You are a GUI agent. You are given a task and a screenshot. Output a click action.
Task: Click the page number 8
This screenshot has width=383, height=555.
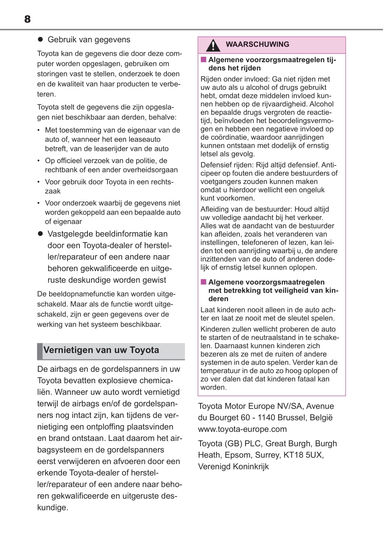click(28, 19)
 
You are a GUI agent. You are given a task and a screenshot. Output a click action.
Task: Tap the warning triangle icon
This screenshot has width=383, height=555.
click(213, 45)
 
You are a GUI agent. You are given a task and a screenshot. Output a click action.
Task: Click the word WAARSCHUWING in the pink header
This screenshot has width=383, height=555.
click(257, 44)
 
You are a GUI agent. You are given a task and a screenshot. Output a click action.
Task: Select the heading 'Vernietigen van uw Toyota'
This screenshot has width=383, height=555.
click(101, 350)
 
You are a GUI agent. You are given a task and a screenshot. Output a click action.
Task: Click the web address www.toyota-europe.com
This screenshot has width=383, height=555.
click(242, 429)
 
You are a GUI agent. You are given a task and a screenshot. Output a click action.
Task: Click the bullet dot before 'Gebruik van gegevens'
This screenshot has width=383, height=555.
click(41, 39)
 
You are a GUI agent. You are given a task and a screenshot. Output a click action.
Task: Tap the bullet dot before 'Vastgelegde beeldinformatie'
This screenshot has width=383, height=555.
click(41, 234)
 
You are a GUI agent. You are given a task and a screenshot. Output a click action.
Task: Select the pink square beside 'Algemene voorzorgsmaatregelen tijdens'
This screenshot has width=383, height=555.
click(204, 60)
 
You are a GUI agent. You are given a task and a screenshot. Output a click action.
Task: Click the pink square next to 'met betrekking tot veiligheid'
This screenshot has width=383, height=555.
click(204, 282)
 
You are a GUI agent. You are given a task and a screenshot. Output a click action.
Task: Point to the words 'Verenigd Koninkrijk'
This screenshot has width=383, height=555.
click(233, 466)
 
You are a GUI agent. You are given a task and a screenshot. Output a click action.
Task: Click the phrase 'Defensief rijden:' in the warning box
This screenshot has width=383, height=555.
click(227, 165)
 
